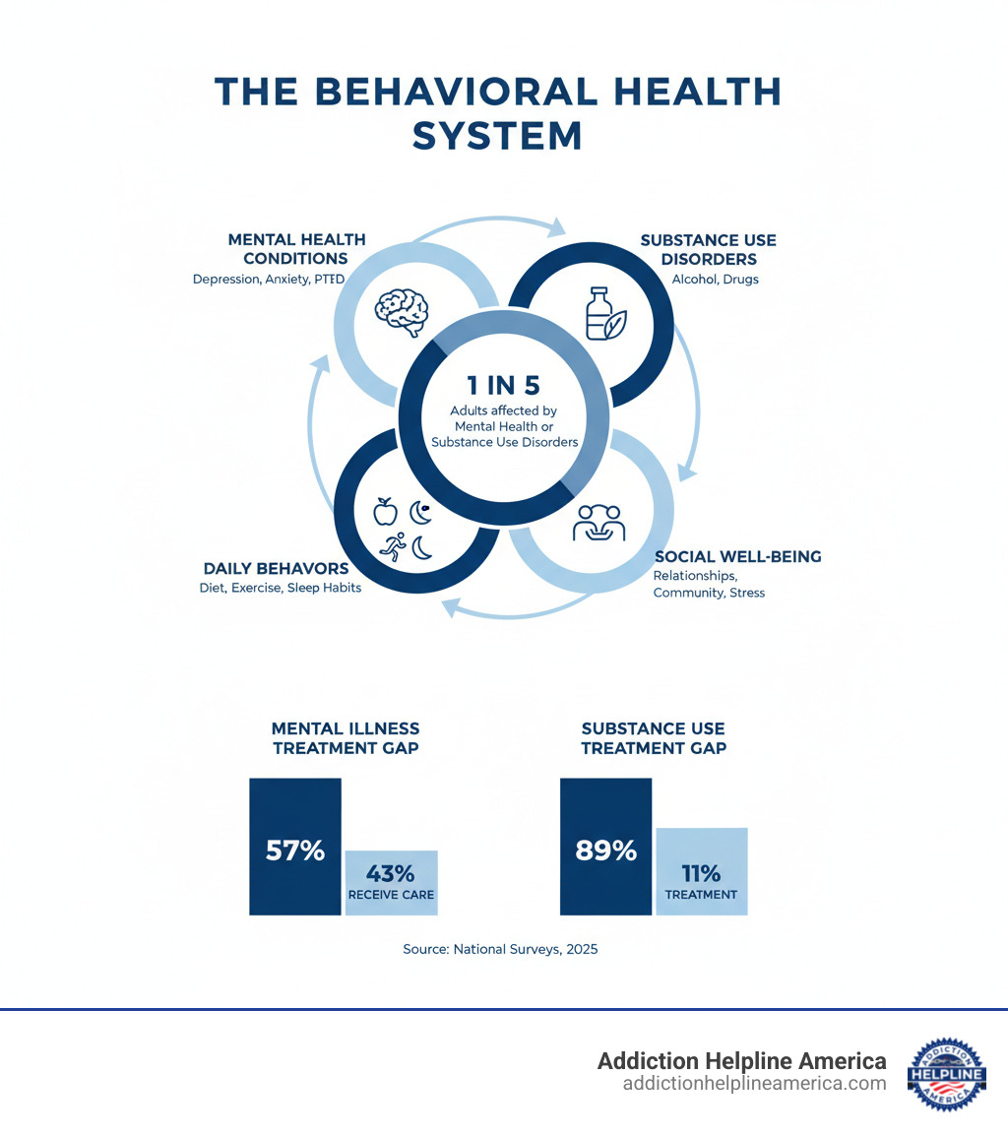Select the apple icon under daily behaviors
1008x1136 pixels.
pyautogui.click(x=385, y=511)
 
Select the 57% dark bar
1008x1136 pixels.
pyautogui.click(x=295, y=847)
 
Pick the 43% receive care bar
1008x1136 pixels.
pyautogui.click(x=391, y=882)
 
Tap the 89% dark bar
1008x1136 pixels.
pyautogui.click(x=605, y=847)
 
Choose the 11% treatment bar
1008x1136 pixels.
pyautogui.click(x=701, y=871)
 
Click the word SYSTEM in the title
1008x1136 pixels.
pyautogui.click(x=497, y=136)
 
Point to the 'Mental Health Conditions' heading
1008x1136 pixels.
pyautogui.click(x=296, y=249)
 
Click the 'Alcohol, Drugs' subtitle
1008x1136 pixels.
pyautogui.click(x=715, y=279)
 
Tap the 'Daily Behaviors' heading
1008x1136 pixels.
pyautogui.click(x=276, y=568)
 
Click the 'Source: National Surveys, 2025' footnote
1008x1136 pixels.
pyautogui.click(x=500, y=950)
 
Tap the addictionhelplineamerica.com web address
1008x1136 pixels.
pyautogui.click(x=754, y=1084)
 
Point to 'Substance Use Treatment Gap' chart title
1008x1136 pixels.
pyautogui.click(x=654, y=738)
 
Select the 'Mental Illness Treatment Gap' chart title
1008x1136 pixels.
pyautogui.click(x=346, y=738)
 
